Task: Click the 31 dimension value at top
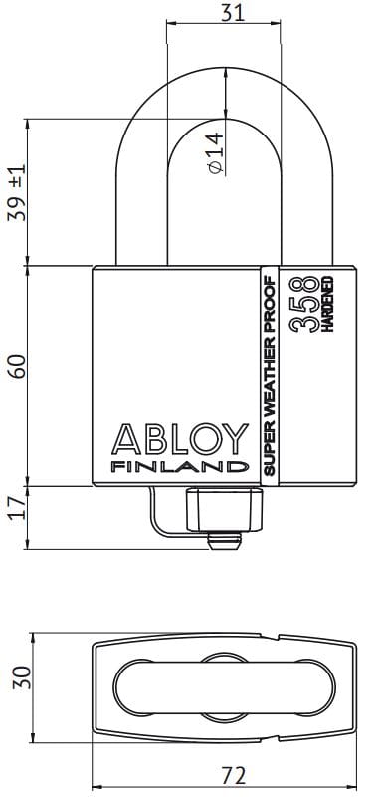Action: (233, 12)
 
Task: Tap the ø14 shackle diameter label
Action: (216, 153)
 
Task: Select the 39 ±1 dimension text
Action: (17, 193)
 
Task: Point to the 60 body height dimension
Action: (18, 366)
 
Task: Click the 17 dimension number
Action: (18, 508)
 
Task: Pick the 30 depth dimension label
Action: (22, 677)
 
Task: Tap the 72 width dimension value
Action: (234, 775)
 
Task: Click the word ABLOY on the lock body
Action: (180, 439)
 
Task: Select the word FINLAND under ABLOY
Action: (180, 467)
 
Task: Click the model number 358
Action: (303, 304)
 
